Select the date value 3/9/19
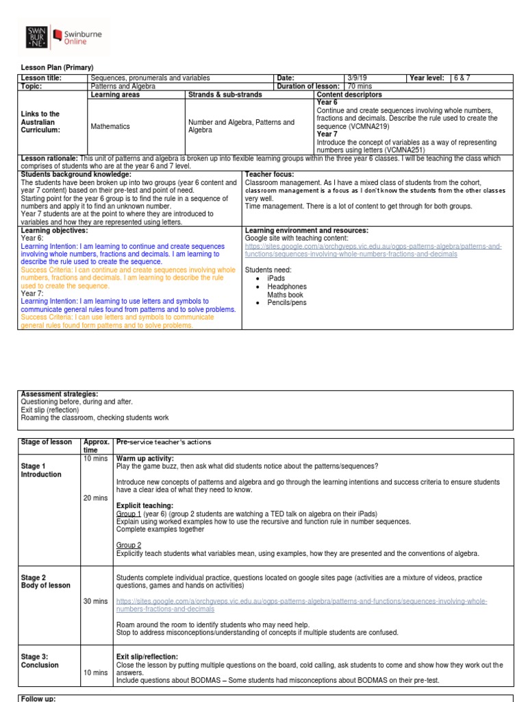click(340, 78)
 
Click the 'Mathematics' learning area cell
click(110, 126)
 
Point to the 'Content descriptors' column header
click(349, 95)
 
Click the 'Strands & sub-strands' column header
click(220, 95)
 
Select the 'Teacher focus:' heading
click(270, 175)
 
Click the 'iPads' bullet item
click(276, 278)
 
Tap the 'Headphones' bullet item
click(287, 287)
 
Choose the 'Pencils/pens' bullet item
click(288, 302)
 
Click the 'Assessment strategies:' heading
click(60, 394)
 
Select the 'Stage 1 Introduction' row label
click(41, 470)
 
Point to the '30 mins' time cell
click(95, 601)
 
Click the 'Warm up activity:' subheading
click(145, 458)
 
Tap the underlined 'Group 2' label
click(128, 545)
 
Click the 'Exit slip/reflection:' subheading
click(147, 657)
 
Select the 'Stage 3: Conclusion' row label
click(40, 661)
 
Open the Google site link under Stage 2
click(301, 605)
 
